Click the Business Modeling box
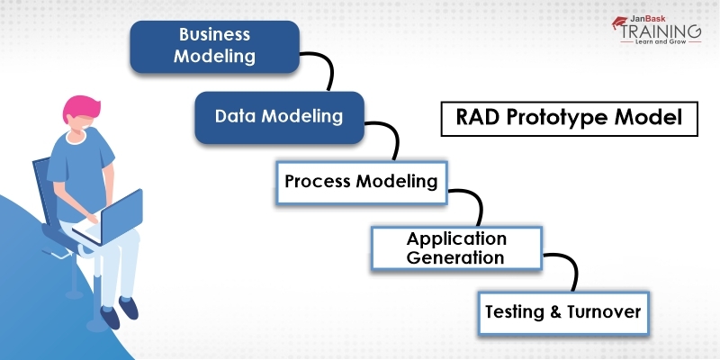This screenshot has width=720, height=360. [x=215, y=46]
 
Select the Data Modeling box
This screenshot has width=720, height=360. [x=278, y=117]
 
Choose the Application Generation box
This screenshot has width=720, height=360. [x=456, y=247]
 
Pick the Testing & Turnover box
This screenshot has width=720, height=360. [x=562, y=312]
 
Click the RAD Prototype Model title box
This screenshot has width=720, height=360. [x=569, y=118]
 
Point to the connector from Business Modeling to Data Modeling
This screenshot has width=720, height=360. [x=322, y=70]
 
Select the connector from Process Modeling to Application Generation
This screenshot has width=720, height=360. [x=470, y=202]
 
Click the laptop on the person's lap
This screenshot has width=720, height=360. [x=115, y=214]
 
